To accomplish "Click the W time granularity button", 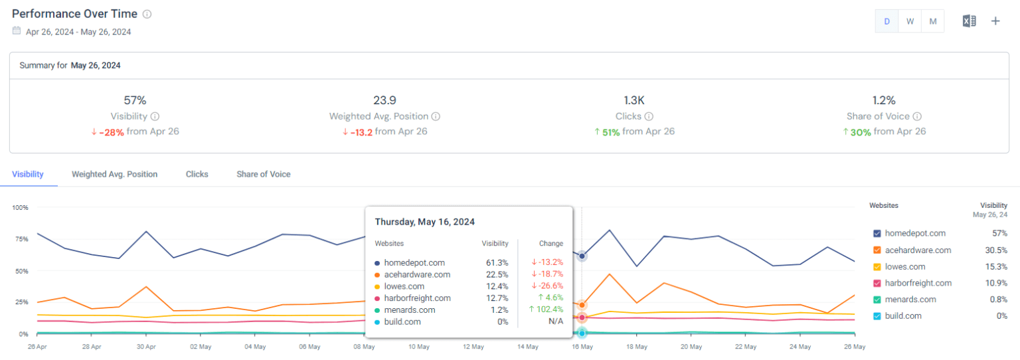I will tap(910, 21).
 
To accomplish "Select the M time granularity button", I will tap(932, 21).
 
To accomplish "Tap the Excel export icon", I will tap(969, 21).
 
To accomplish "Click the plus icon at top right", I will tap(995, 21).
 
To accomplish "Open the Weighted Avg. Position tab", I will tap(114, 174).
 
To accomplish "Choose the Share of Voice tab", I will tap(263, 174).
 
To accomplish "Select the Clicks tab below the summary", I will tap(197, 174).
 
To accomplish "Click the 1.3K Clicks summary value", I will tap(634, 100).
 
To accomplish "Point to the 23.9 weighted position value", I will tap(384, 100).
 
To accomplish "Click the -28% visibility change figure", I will tap(111, 132).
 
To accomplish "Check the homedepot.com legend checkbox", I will tap(877, 234).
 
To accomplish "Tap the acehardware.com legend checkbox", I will tap(877, 250).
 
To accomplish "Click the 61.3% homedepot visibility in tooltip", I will tap(497, 263).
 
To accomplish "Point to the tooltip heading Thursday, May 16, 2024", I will tap(424, 222).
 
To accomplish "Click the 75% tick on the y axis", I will tap(20, 239).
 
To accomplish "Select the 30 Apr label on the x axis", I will tap(146, 347).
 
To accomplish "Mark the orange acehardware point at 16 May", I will tap(582, 305).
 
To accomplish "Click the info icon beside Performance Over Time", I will tap(147, 14).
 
